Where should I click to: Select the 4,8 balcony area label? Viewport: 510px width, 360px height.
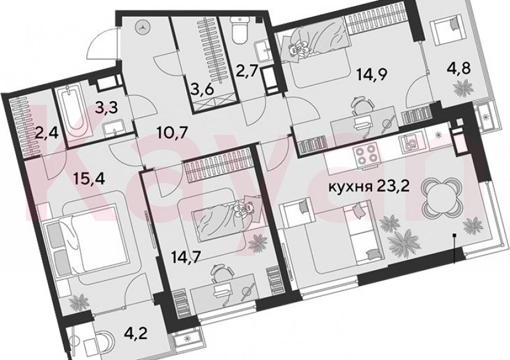(x=459, y=67)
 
